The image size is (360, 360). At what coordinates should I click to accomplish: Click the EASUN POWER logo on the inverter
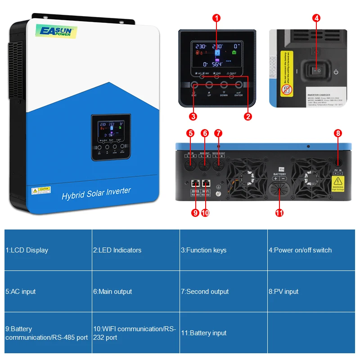(57, 31)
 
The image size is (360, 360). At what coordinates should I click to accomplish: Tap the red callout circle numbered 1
(217, 18)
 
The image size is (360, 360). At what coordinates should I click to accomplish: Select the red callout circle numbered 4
(317, 18)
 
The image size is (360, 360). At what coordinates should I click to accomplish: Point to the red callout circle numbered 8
(338, 133)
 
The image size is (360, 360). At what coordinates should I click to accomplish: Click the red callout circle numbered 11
(279, 213)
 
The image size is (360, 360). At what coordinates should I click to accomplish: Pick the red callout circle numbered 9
(195, 213)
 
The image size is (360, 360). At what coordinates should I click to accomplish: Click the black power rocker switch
(317, 71)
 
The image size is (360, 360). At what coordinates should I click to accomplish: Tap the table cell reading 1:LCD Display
(48, 250)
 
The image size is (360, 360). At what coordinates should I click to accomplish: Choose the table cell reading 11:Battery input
(223, 333)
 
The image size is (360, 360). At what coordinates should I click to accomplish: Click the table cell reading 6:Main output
(135, 292)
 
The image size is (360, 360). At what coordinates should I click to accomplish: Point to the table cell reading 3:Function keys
(223, 250)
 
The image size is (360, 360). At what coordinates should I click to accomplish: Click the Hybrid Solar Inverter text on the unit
(96, 194)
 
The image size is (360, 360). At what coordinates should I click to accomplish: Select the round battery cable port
(279, 190)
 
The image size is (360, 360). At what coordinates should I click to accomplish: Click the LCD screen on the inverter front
(111, 129)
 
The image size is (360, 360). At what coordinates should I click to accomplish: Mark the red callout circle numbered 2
(247, 117)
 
